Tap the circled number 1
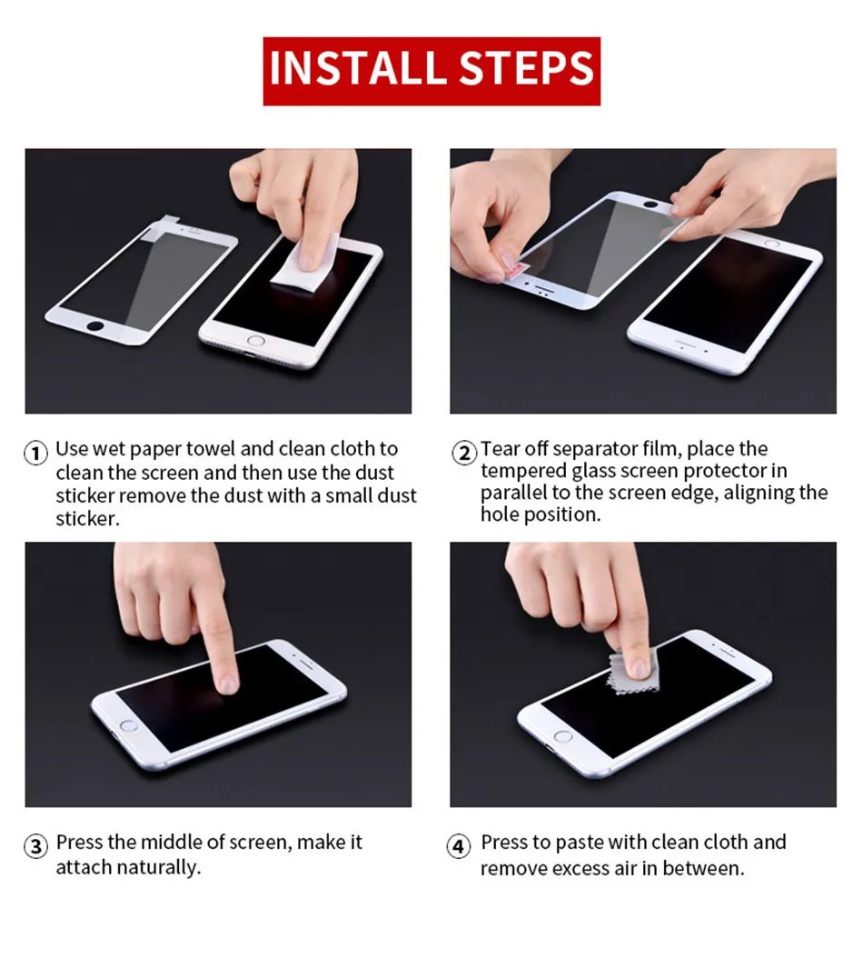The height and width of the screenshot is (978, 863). tap(36, 453)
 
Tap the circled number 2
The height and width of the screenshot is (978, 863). tap(464, 453)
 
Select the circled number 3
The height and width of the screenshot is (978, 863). tap(36, 846)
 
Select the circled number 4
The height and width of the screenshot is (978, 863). tap(459, 846)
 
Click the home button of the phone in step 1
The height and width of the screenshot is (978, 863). tap(255, 341)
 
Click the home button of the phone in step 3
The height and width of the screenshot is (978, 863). tap(128, 725)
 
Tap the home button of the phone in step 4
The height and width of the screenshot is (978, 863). tap(562, 736)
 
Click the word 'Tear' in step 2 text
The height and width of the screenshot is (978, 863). tap(500, 448)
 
